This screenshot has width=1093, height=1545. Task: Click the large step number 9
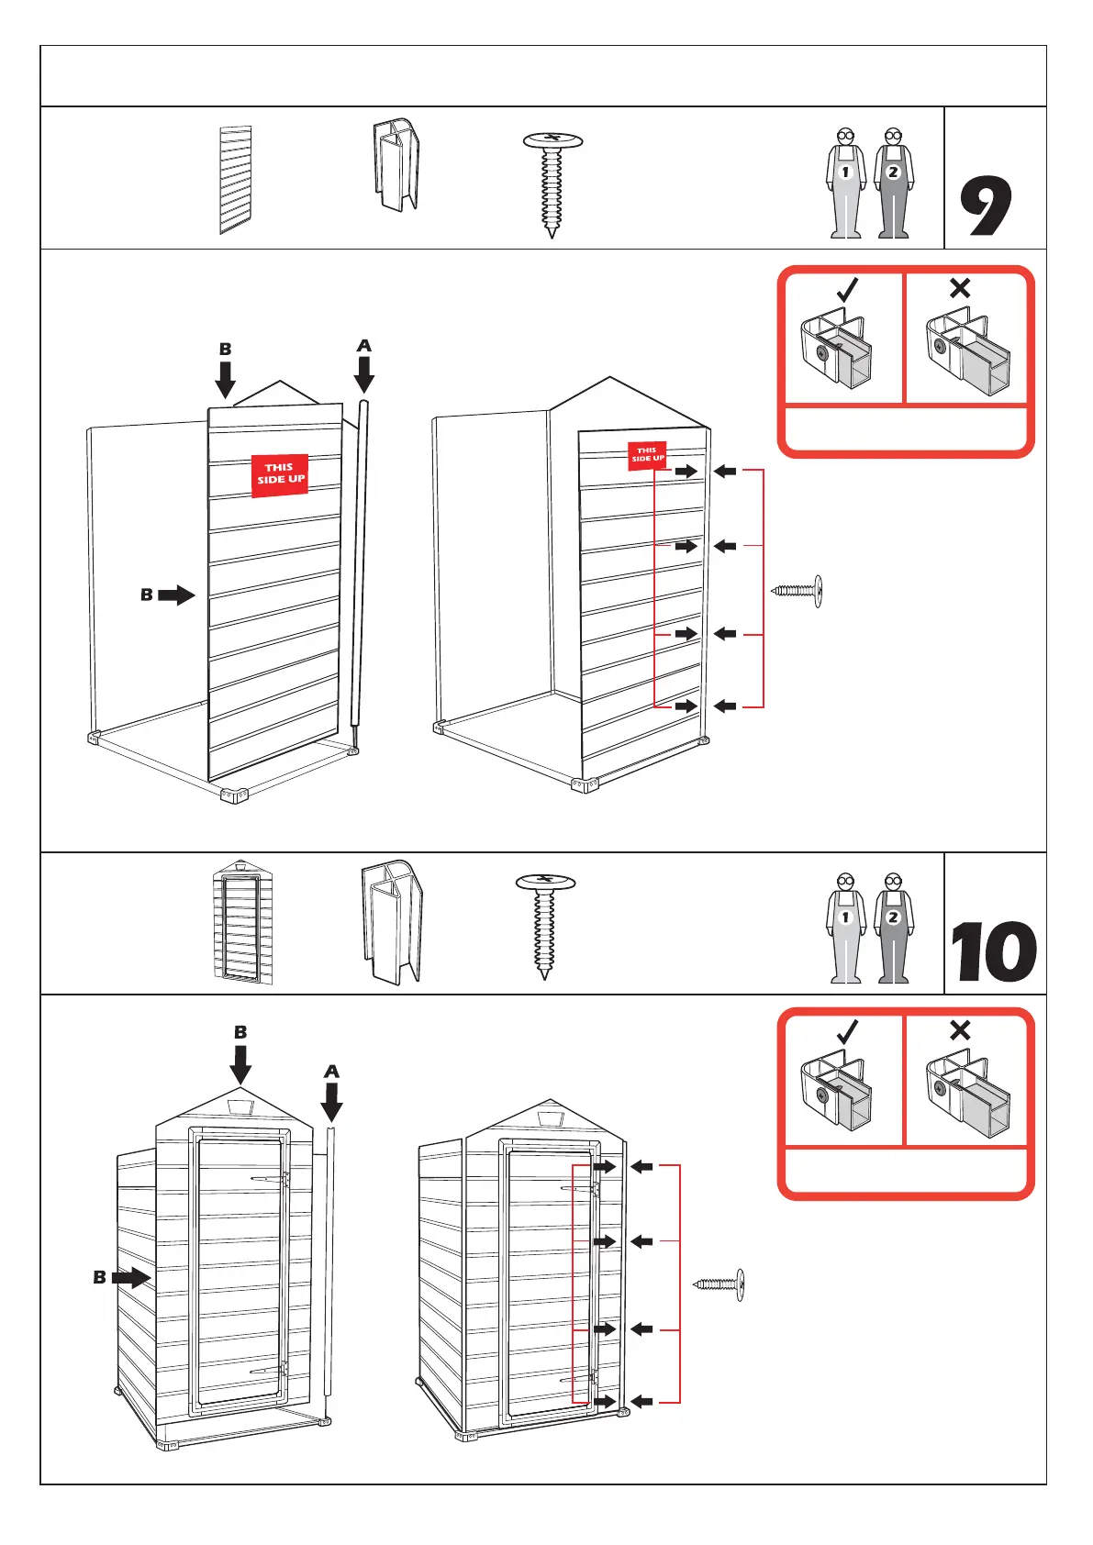(x=987, y=206)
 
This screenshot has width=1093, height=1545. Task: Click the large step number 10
(x=993, y=952)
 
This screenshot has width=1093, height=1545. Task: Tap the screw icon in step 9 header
(x=552, y=183)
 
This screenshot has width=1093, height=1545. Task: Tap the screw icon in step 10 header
(x=545, y=926)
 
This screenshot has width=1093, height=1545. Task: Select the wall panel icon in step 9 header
(x=236, y=180)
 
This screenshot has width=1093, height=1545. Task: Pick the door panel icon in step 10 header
(x=242, y=923)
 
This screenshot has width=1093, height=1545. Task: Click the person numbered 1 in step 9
(x=846, y=183)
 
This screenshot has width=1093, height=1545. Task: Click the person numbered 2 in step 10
(x=893, y=928)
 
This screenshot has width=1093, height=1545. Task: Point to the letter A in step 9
(x=364, y=346)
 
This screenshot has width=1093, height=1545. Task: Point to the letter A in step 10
(x=332, y=1071)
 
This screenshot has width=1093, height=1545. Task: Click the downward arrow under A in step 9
(x=364, y=374)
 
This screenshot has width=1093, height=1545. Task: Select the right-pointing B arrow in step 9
(x=175, y=595)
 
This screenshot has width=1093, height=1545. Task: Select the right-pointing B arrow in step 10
(x=131, y=1276)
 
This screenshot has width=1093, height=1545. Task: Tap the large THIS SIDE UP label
(x=280, y=474)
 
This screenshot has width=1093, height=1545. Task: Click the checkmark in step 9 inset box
(x=847, y=290)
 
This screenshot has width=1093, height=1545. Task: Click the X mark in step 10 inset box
(x=960, y=1030)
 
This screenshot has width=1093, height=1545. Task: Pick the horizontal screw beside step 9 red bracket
(x=797, y=591)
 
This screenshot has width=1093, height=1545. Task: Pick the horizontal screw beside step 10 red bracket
(x=719, y=1284)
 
